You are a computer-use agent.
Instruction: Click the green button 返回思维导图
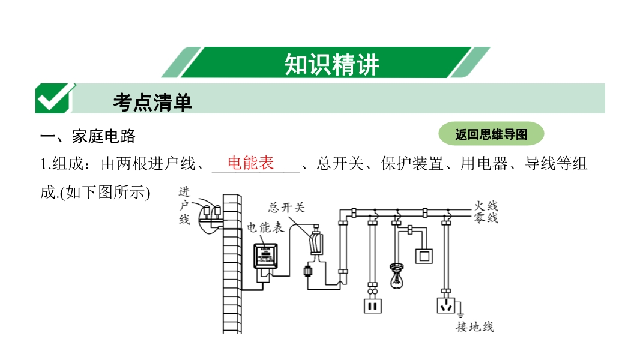(491, 134)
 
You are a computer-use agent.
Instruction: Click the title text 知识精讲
(331, 64)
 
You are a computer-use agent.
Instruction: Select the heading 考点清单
(152, 103)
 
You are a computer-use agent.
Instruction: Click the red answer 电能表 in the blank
(250, 163)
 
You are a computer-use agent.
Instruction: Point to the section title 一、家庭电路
(88, 136)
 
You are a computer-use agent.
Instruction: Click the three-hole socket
(446, 305)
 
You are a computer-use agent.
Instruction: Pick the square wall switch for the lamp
(425, 256)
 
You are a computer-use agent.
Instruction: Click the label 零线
(486, 218)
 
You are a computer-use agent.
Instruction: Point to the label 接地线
(474, 327)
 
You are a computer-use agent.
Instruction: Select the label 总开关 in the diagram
(286, 208)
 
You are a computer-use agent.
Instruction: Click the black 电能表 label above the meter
(265, 228)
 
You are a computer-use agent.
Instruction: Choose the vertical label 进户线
(184, 206)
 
